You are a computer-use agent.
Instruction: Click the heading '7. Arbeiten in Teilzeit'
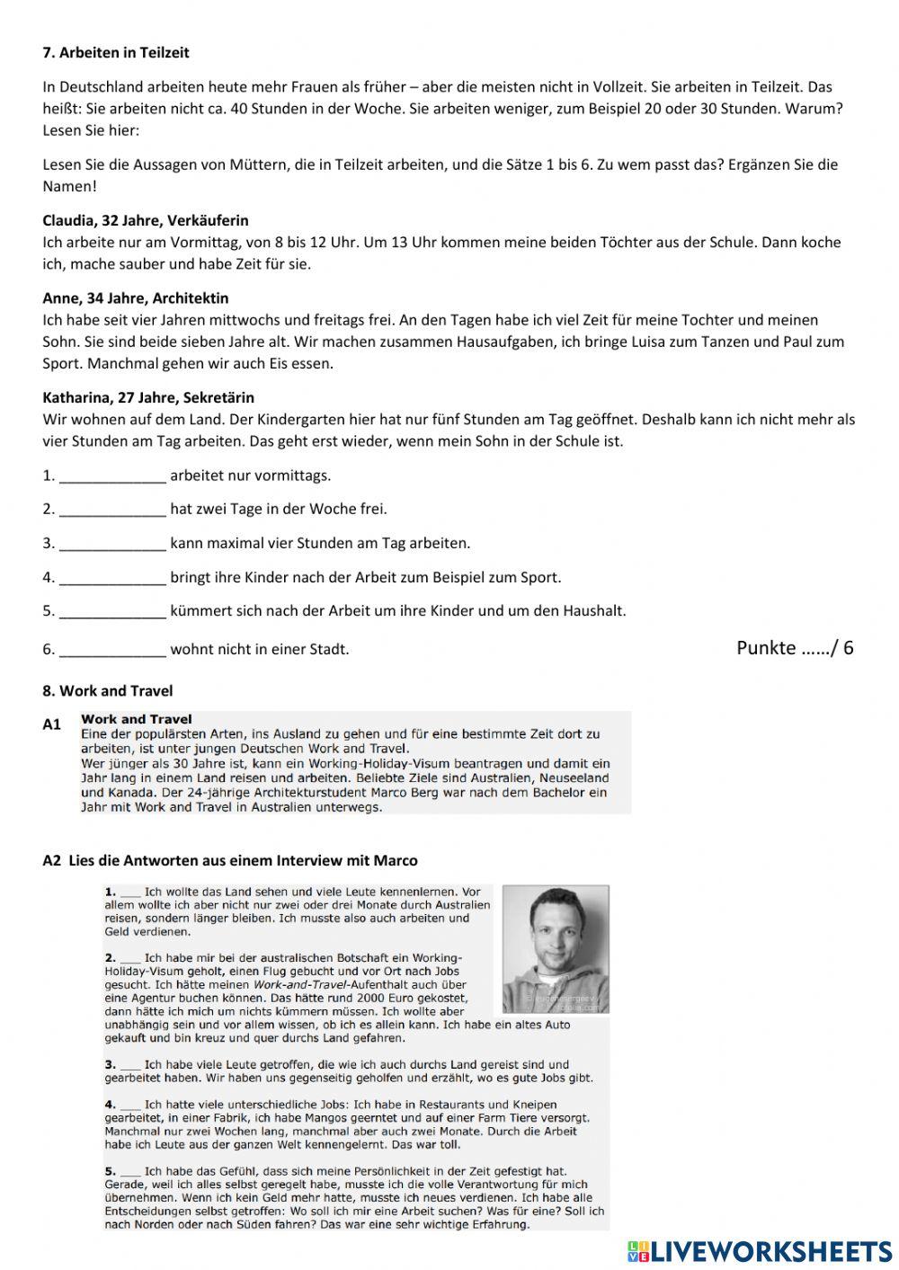(x=116, y=53)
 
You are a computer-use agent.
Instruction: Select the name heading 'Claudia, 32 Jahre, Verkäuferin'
(x=146, y=220)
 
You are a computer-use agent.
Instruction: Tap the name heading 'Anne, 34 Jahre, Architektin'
(x=136, y=298)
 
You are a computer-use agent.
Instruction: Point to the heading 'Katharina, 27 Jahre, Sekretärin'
(x=148, y=397)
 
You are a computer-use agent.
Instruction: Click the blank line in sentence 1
(x=112, y=476)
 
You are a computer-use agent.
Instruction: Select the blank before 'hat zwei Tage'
(x=112, y=510)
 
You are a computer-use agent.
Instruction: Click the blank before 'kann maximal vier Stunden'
(x=112, y=544)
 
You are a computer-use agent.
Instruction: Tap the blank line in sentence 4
(x=112, y=578)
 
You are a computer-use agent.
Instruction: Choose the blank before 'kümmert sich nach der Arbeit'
(x=112, y=611)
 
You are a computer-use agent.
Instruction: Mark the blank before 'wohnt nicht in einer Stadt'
(x=112, y=650)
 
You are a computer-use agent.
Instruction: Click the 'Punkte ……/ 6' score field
(x=795, y=648)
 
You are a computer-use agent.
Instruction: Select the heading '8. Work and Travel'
(x=108, y=691)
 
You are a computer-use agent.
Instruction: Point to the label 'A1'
(x=52, y=724)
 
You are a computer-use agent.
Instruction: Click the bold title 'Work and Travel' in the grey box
(x=136, y=719)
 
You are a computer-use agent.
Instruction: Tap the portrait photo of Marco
(x=555, y=948)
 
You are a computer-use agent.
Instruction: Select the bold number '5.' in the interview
(x=111, y=1171)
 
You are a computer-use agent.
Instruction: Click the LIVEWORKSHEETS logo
(x=759, y=1251)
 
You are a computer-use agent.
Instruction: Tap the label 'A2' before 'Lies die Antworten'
(x=52, y=861)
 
